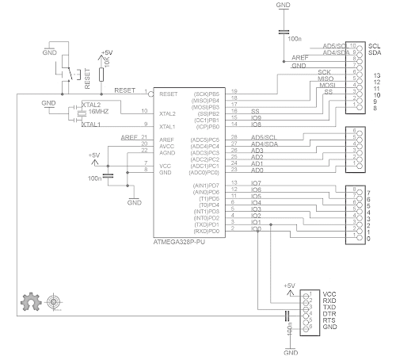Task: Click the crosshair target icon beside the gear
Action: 54,301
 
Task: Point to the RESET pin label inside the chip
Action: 168,94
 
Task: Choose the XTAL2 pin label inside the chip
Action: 168,113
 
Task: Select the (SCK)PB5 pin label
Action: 206,94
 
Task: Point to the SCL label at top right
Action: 375,46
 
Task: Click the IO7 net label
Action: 256,184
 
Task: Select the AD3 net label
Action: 257,150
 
